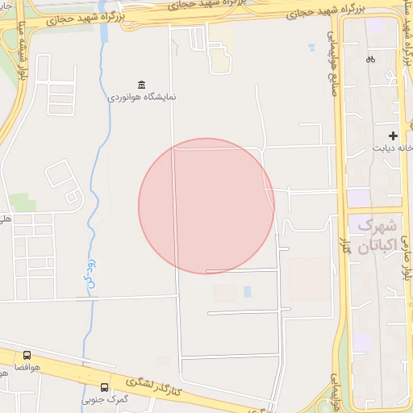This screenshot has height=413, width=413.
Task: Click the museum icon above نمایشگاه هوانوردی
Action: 143,85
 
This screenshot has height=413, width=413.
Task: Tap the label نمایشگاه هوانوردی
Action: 143,97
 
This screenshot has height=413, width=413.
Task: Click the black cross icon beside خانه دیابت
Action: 393,136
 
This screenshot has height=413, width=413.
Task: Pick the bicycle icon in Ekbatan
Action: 370,59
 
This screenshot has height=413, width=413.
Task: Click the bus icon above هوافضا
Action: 27,355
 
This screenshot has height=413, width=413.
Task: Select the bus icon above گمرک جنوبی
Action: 104,388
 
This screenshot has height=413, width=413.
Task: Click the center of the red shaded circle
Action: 206,206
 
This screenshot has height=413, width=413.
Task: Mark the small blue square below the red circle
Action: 247,291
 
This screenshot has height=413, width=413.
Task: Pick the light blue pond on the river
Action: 104,33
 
